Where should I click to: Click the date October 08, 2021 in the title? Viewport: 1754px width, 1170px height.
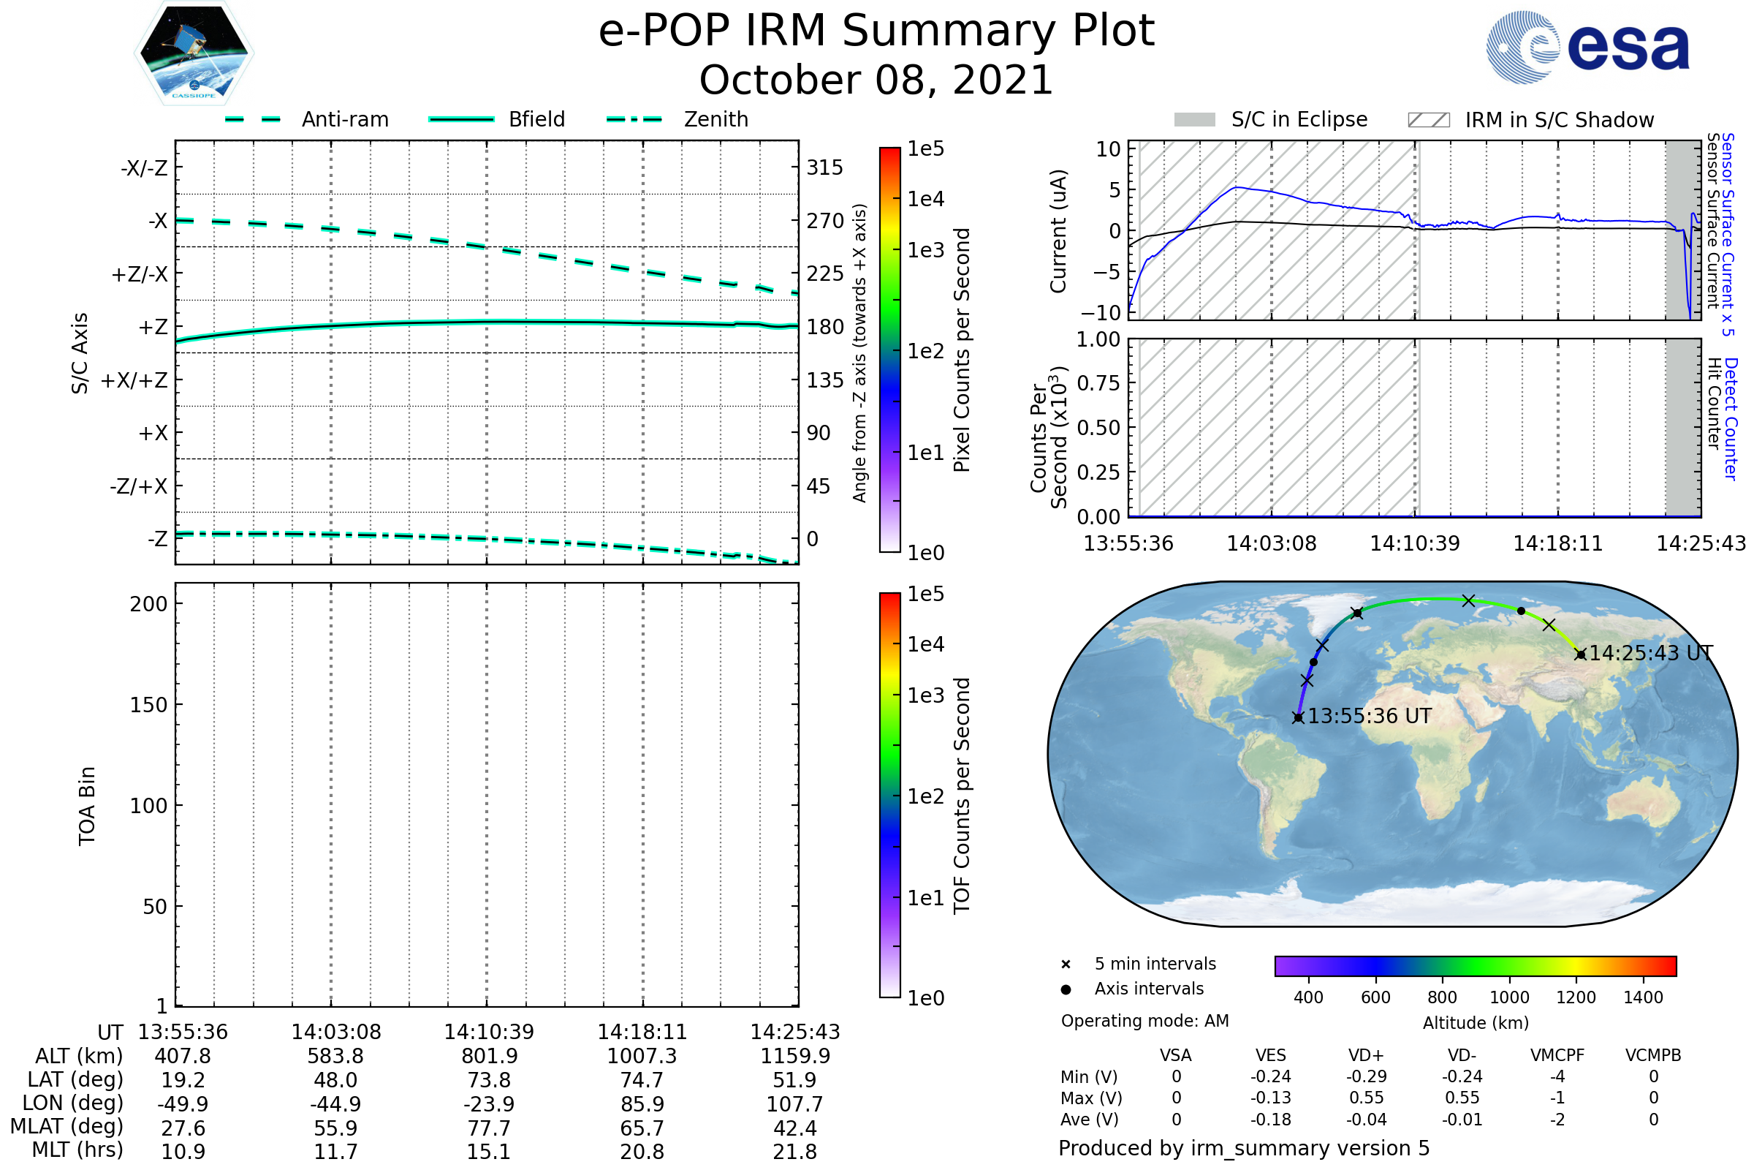(876, 80)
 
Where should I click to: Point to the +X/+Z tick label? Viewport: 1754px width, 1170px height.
(134, 380)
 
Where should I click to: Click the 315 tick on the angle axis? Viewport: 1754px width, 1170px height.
(824, 167)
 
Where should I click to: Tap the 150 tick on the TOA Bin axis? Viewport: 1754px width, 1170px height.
(148, 705)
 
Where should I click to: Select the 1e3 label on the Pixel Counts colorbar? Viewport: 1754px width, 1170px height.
(925, 251)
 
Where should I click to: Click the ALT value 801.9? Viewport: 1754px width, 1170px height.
(489, 1057)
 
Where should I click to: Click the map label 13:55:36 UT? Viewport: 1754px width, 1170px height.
(1369, 717)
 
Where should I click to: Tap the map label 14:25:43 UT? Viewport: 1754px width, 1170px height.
(1650, 654)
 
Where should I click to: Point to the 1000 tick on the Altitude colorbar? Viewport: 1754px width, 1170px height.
(1508, 997)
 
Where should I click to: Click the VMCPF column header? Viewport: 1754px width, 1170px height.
(1557, 1056)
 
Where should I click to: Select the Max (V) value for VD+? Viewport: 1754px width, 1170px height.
(1366, 1098)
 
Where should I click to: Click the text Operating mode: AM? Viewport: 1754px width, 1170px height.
(1144, 1021)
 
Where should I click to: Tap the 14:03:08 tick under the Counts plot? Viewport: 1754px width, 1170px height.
(1272, 543)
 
